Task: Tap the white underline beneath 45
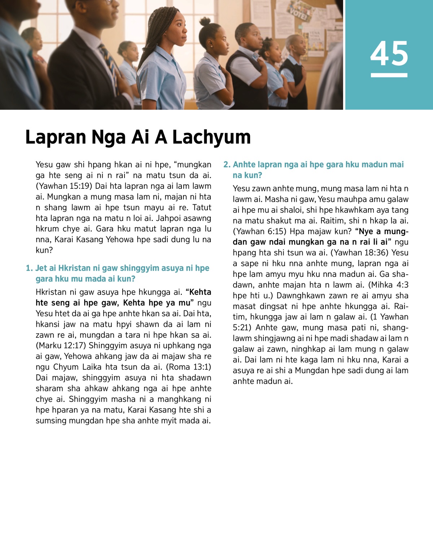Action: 389,75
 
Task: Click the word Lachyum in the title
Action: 211,138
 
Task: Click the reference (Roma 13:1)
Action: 188,367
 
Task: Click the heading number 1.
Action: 29,268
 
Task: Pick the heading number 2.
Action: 227,165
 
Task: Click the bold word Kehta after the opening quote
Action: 200,292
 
